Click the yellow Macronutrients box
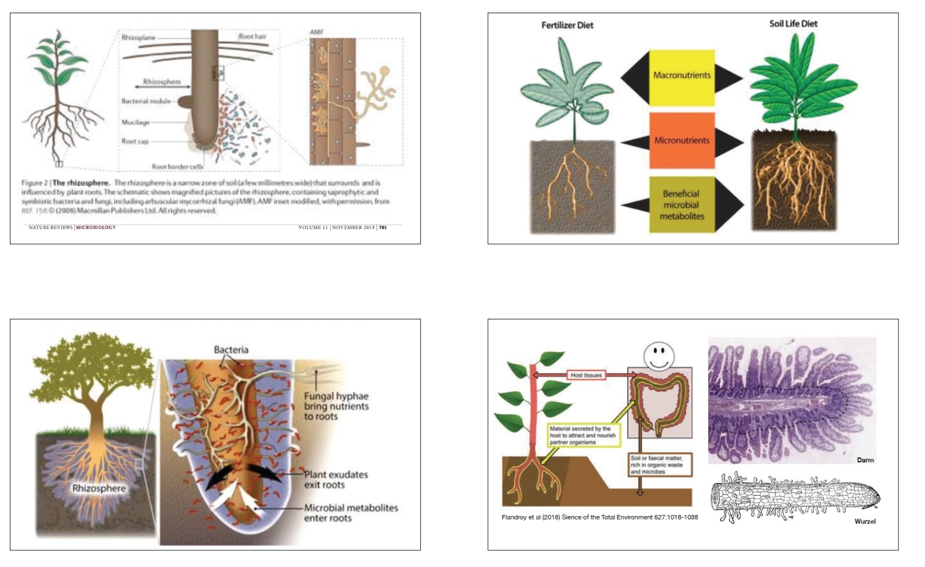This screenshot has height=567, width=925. [x=682, y=75]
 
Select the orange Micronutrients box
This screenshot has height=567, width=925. [x=682, y=140]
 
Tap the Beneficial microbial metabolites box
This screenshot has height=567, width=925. [x=682, y=205]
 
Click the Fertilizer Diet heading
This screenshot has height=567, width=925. [x=567, y=25]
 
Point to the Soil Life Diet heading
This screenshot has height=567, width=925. [x=793, y=24]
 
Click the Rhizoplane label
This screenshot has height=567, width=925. [x=138, y=38]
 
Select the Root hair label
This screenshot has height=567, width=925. [x=253, y=36]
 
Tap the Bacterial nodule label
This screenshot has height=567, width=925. [x=146, y=101]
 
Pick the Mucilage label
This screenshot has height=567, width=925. [x=135, y=122]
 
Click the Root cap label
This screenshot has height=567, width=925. [x=135, y=141]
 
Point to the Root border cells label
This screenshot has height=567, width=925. [x=177, y=167]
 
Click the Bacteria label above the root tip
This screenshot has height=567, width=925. [x=231, y=349]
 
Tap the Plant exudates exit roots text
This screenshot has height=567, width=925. [x=336, y=480]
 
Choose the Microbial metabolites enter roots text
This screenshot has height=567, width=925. [x=351, y=513]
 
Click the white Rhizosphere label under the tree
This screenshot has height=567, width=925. [x=99, y=488]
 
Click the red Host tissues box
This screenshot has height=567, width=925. [x=586, y=375]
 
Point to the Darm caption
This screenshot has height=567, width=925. [x=865, y=460]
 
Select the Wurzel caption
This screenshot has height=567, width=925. [x=865, y=521]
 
